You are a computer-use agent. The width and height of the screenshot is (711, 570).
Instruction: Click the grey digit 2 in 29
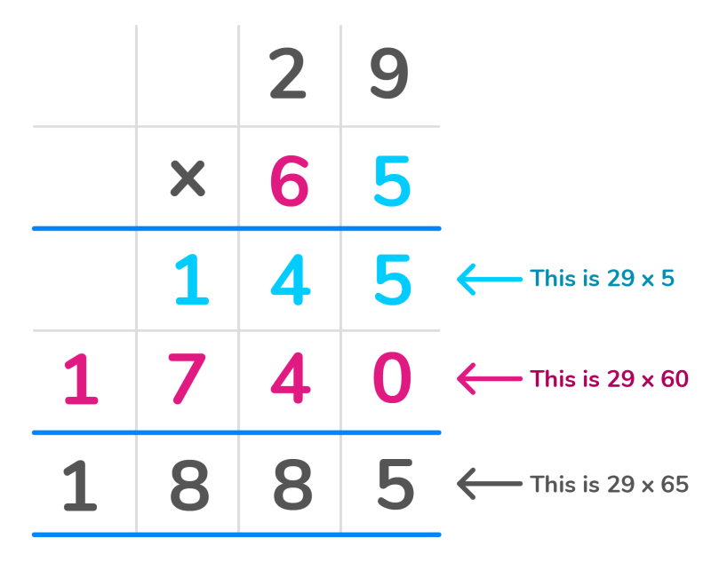click(x=288, y=73)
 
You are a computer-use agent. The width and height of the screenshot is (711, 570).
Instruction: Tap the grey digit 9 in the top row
click(x=389, y=73)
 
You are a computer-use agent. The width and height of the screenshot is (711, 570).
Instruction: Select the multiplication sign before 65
click(x=188, y=178)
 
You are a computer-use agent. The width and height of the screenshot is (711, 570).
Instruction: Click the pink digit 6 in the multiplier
click(x=290, y=181)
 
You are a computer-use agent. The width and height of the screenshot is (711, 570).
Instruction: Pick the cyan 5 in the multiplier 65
click(x=392, y=181)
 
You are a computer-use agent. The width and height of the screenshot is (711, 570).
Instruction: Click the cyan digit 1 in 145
click(x=192, y=279)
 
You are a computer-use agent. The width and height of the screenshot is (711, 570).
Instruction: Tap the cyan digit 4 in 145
click(x=291, y=279)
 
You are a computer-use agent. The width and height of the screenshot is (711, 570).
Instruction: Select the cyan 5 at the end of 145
click(x=393, y=279)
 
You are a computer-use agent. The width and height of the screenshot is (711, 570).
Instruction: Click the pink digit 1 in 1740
click(x=81, y=379)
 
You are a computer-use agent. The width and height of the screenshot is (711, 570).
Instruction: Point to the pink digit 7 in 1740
click(x=187, y=379)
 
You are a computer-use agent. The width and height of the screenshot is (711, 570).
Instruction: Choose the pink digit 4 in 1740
click(x=291, y=379)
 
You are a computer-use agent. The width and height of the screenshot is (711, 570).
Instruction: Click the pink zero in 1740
click(x=392, y=378)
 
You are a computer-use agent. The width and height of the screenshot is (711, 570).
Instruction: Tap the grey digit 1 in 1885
click(x=80, y=486)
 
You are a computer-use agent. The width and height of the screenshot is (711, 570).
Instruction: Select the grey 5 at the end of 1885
click(x=395, y=485)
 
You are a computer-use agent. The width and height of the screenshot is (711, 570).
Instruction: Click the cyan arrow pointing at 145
click(x=490, y=279)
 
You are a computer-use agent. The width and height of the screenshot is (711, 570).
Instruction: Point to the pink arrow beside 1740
click(x=490, y=379)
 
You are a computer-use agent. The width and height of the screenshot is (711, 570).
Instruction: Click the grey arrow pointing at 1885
click(x=490, y=484)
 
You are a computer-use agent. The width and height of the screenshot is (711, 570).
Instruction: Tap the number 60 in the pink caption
click(x=675, y=379)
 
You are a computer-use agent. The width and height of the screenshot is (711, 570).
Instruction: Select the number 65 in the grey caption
click(x=675, y=484)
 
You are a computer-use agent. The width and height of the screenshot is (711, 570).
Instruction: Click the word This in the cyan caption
click(x=552, y=278)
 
